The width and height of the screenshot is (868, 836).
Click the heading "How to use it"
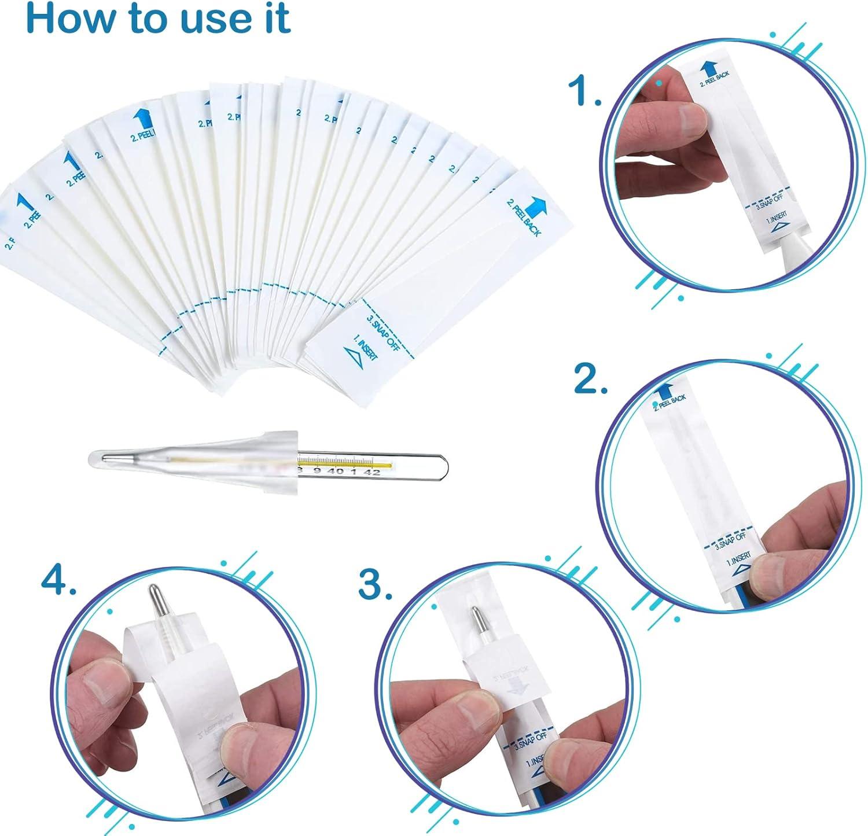pyautogui.click(x=157, y=19)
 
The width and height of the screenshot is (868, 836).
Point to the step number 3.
pyautogui.click(x=376, y=586)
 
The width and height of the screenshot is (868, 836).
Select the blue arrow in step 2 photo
pyautogui.click(x=660, y=390)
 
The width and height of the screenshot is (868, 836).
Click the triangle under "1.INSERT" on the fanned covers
pyautogui.click(x=352, y=356)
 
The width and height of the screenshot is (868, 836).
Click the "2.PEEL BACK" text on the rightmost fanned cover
pyautogui.click(x=524, y=218)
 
